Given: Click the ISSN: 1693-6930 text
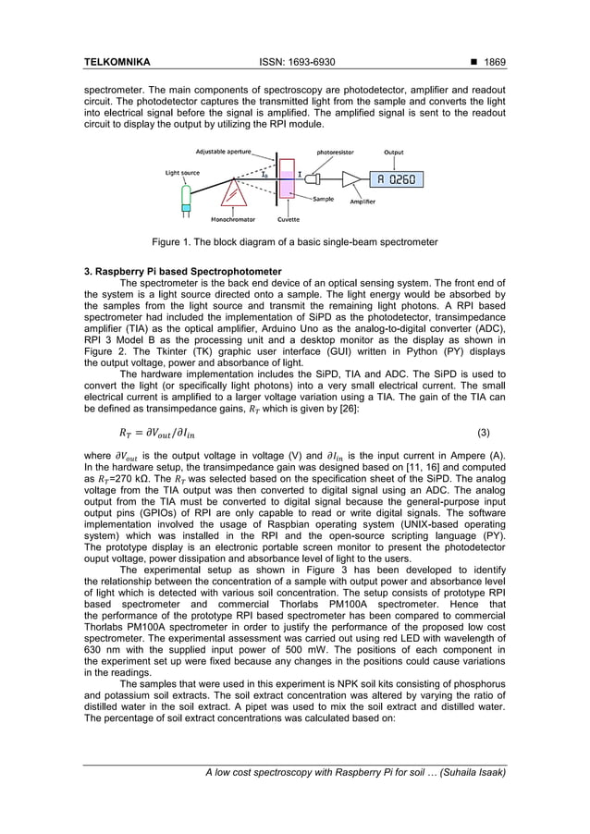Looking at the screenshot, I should [x=294, y=62].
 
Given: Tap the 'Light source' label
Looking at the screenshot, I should [x=182, y=172].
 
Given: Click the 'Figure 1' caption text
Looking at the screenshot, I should [x=294, y=242].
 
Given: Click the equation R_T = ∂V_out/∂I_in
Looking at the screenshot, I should [x=157, y=432].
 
